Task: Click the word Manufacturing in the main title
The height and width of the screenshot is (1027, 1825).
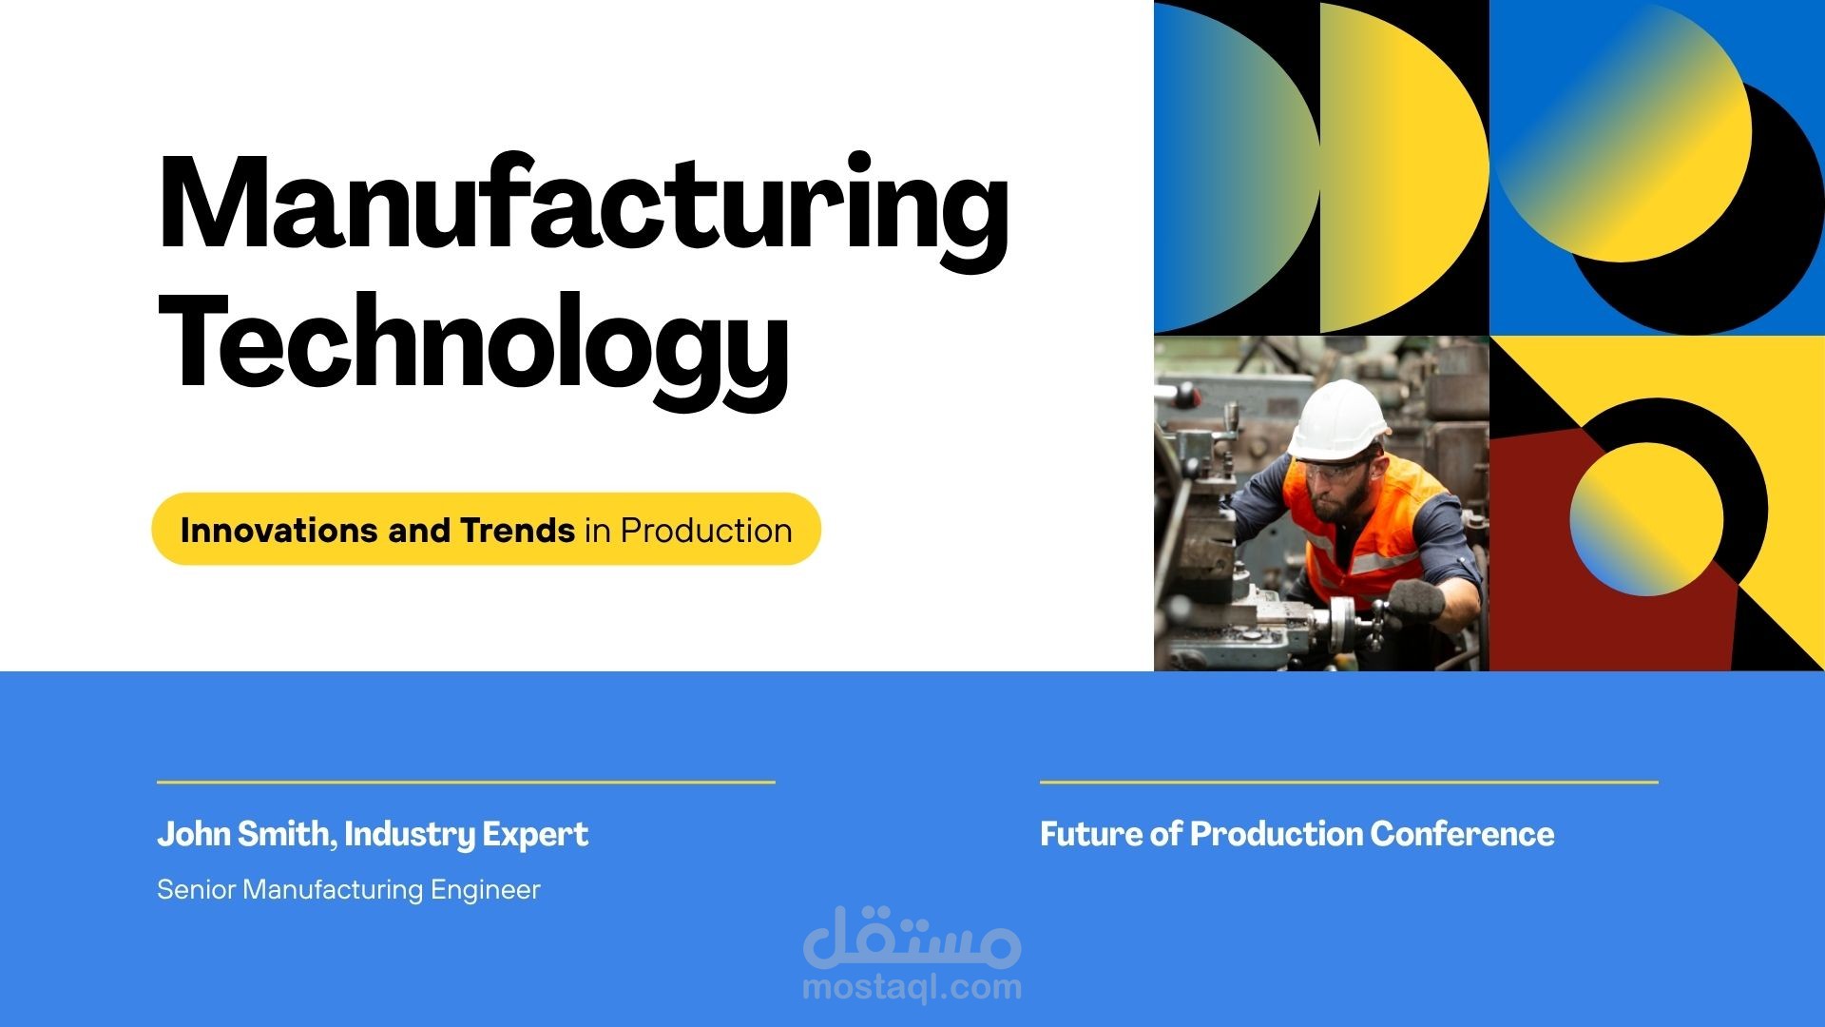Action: (x=584, y=205)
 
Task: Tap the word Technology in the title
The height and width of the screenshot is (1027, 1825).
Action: (x=473, y=348)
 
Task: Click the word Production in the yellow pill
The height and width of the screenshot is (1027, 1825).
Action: (x=706, y=530)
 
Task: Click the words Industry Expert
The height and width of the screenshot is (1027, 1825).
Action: (x=466, y=835)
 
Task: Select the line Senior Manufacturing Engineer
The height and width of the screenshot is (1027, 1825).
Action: (x=349, y=890)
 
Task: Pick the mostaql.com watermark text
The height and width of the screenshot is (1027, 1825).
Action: (x=912, y=987)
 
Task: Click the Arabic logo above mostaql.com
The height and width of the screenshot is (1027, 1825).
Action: (x=912, y=936)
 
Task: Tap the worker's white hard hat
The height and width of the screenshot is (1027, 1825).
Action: (x=1336, y=419)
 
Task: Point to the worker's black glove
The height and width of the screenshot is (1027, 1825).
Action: (x=1415, y=599)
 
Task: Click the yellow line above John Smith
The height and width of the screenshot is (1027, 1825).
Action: (x=466, y=782)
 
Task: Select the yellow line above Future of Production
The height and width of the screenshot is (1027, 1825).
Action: (x=1349, y=782)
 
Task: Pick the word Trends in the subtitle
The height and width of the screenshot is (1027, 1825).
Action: (x=517, y=530)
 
